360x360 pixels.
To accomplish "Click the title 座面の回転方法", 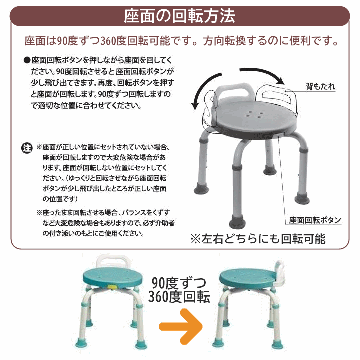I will point(179,16).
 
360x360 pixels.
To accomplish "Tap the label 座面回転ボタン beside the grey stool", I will point(315,220).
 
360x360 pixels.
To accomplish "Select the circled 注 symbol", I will point(26,148).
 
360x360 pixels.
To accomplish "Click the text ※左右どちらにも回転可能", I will point(258,238).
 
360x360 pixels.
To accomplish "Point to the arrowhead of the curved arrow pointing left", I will point(196,105).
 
